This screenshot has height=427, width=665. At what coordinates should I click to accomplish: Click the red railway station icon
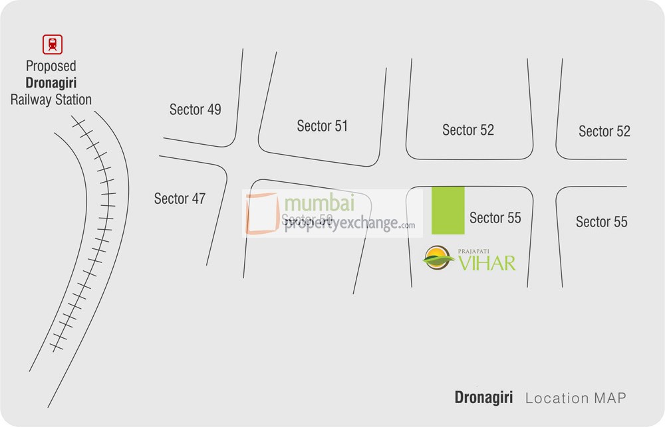51,44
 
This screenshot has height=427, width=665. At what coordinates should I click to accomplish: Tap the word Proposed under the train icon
51,66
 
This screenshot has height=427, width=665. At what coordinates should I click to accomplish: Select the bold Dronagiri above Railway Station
51,83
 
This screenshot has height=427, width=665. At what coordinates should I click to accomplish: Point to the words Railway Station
51,100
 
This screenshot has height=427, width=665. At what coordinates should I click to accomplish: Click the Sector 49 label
195,110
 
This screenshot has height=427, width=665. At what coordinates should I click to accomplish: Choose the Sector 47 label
180,198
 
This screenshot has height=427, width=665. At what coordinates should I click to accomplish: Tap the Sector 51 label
322,126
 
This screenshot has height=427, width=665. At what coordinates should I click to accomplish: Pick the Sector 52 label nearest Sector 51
468,130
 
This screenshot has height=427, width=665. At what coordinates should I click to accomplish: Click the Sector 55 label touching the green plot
495,218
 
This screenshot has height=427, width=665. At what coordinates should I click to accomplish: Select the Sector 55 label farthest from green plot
601,221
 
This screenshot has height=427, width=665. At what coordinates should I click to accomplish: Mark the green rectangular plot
448,210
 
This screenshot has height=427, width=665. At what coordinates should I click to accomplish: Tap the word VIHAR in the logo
487,263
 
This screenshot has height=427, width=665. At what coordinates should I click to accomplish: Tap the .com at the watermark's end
408,226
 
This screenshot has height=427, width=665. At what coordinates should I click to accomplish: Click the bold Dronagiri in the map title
483,398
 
